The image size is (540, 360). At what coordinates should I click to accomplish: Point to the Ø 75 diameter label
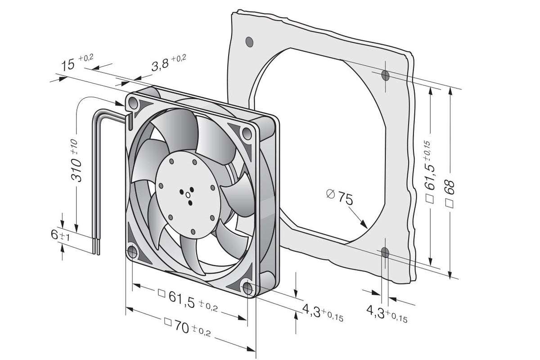click(340, 197)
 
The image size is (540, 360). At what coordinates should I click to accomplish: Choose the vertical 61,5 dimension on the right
click(429, 172)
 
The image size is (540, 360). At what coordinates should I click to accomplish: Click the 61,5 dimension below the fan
click(188, 301)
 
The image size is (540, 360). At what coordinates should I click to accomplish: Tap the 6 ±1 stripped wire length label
click(60, 234)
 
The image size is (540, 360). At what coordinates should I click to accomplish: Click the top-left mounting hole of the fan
click(133, 104)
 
